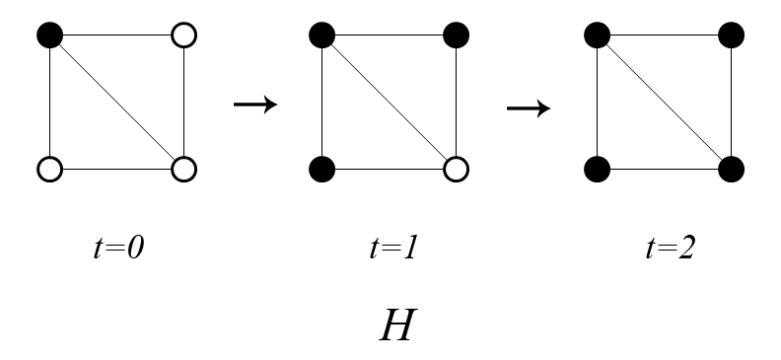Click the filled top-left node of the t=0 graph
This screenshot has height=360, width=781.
click(49, 36)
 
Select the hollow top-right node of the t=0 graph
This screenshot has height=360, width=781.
click(183, 36)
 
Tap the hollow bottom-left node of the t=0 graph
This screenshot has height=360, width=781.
click(49, 170)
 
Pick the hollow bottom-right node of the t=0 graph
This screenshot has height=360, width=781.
click(183, 170)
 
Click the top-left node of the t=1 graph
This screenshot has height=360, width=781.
click(321, 36)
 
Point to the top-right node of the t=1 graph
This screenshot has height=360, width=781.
click(456, 36)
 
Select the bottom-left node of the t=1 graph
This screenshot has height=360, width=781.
click(321, 170)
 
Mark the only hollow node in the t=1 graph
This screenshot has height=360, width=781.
click(456, 170)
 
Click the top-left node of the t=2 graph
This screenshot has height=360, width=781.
click(596, 36)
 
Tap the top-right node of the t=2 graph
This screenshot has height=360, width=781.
click(730, 36)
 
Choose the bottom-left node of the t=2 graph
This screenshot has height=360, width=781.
click(596, 170)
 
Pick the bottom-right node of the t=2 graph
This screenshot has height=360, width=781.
click(730, 170)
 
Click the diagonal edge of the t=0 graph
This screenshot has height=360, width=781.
click(116, 104)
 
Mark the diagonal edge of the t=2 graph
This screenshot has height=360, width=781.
click(663, 104)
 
